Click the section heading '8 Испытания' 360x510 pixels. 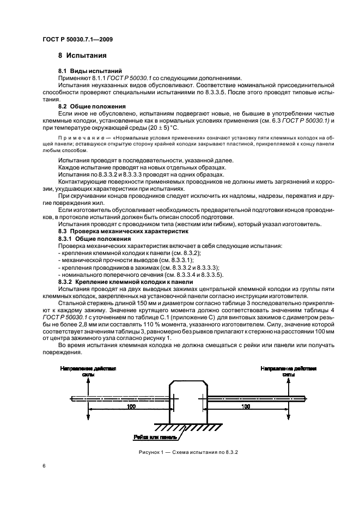[x=82, y=56]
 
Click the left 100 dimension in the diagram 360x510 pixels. [x=131, y=407]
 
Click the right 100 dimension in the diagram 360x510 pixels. [x=246, y=407]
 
